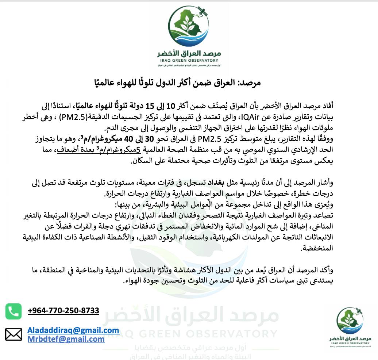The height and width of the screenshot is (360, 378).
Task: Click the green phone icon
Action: pyautogui.click(x=13, y=311)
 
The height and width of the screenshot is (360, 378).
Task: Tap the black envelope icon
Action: pyautogui.click(x=13, y=334)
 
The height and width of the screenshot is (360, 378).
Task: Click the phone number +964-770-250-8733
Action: pyautogui.click(x=63, y=311)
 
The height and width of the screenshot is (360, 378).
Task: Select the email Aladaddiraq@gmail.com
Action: pyautogui.click(x=73, y=330)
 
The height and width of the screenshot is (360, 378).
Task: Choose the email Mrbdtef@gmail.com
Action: pyautogui.click(x=66, y=339)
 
